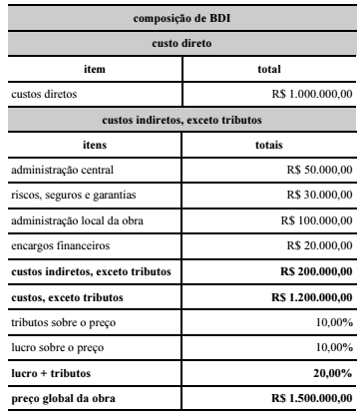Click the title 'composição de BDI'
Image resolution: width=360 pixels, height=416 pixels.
coord(180,14)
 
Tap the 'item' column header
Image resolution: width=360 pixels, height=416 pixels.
coord(91,69)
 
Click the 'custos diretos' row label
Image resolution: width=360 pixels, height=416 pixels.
coord(44,95)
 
